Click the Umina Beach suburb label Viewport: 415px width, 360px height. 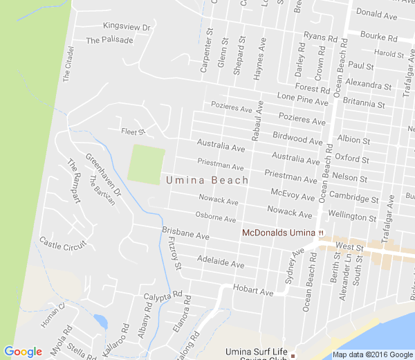207,181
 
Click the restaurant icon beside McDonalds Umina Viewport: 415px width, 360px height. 320,233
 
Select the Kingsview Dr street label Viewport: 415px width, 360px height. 127,26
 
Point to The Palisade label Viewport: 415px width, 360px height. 109,40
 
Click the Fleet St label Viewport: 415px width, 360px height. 133,131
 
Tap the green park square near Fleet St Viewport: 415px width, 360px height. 147,165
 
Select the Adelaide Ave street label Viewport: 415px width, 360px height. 221,262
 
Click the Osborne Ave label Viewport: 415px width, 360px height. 216,218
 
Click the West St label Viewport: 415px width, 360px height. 349,246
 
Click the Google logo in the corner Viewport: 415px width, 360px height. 23,352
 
